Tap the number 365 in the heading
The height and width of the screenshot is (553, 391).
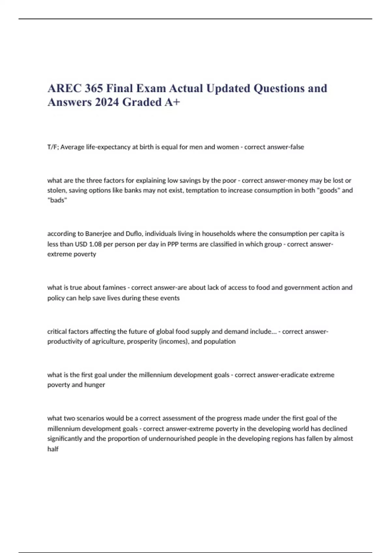(94, 88)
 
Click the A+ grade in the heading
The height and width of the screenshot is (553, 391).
(172, 102)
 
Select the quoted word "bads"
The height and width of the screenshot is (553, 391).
(57, 200)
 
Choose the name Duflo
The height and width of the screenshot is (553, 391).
(134, 234)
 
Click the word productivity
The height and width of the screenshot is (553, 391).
(64, 342)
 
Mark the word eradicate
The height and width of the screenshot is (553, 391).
(293, 375)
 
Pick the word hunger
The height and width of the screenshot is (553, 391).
(94, 385)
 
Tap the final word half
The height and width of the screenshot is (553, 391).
(53, 449)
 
